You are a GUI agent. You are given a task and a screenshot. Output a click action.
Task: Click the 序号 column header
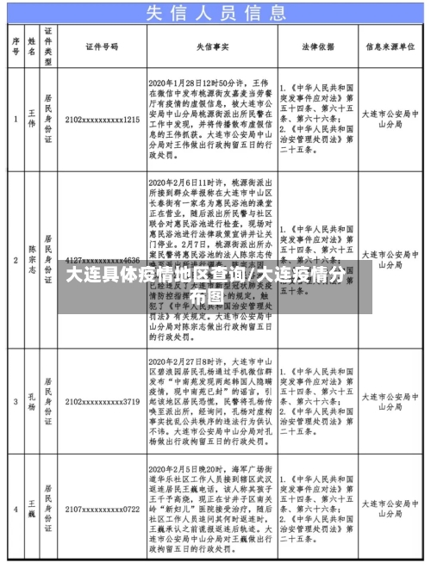click(x=16, y=45)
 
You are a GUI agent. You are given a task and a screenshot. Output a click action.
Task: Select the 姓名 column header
click(x=31, y=45)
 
